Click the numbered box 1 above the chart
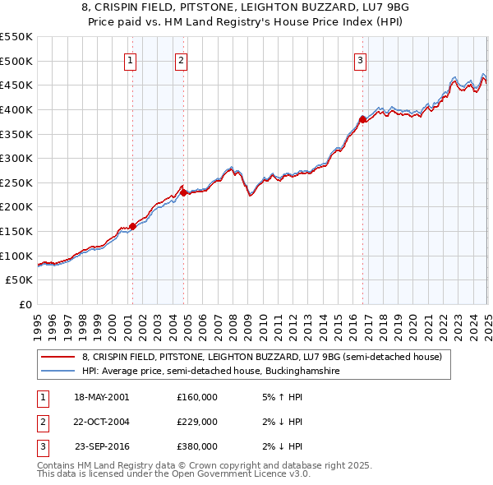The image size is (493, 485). (131, 58)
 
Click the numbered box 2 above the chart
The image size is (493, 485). (181, 58)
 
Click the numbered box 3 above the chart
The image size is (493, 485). (361, 58)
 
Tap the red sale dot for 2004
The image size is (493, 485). (184, 192)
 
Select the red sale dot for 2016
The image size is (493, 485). (362, 119)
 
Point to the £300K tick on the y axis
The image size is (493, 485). (18, 158)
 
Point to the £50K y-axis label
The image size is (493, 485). (21, 280)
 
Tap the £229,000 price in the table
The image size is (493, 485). (197, 422)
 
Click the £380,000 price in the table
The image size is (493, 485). (197, 446)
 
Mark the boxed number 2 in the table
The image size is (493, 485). (42, 422)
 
